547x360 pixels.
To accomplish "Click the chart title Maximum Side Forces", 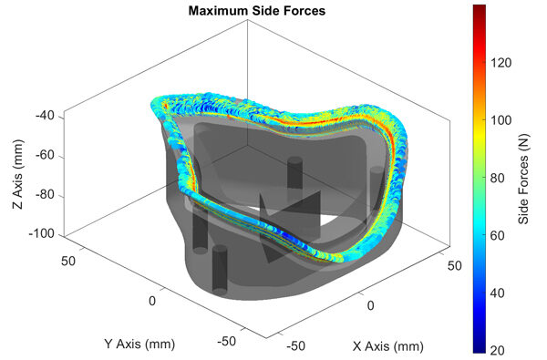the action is point(257,11).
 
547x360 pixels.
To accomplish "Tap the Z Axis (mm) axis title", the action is point(18,174).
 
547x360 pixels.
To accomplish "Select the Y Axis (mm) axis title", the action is point(139,345).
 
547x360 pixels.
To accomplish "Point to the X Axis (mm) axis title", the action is point(388,346).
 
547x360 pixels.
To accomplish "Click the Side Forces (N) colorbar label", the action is point(523,179).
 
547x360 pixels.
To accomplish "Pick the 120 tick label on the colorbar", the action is point(501,63).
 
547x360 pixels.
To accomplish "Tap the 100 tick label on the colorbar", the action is point(501,120).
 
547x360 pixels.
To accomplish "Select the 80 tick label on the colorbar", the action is point(498,179).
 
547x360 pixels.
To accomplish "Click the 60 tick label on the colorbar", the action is point(498,236).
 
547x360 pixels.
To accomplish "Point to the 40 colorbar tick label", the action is point(498,293).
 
